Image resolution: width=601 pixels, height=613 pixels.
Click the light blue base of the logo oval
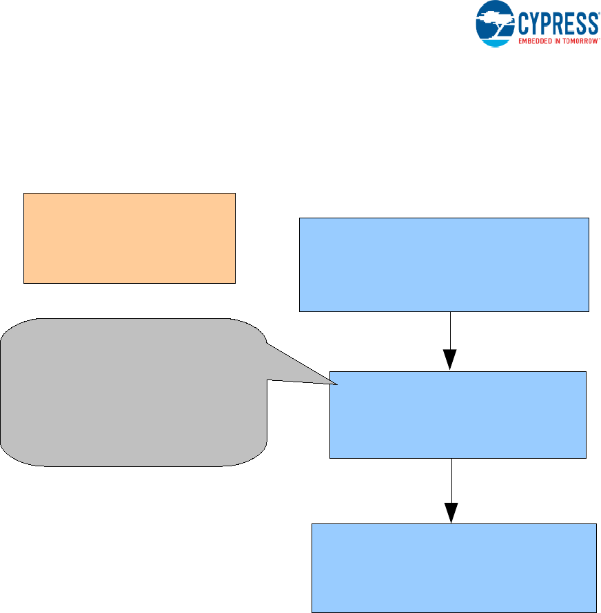[x=494, y=41]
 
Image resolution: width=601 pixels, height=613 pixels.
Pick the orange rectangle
[x=130, y=238]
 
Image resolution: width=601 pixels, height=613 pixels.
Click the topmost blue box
[x=444, y=264]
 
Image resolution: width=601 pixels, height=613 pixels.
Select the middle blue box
[x=458, y=415]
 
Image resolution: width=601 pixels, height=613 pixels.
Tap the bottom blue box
[x=454, y=568]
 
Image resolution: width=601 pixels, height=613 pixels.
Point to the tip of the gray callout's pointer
[x=336, y=384]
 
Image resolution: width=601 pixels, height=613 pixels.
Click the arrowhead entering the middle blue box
[x=450, y=360]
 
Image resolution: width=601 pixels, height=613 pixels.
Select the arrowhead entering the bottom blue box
[x=451, y=512]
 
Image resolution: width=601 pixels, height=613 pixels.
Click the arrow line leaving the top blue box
[x=450, y=331]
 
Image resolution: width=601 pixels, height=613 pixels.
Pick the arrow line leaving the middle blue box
[x=451, y=480]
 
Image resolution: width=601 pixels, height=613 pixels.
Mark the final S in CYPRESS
[x=592, y=24]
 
